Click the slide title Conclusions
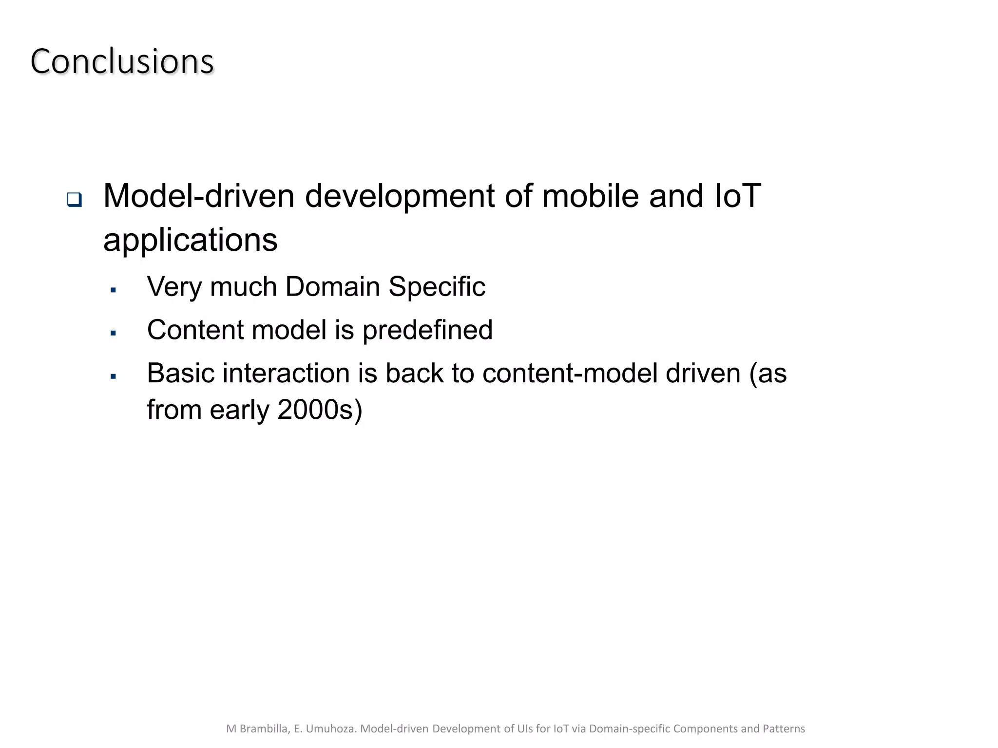tap(122, 62)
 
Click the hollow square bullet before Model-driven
tap(74, 199)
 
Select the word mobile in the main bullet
tap(590, 196)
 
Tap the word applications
tap(191, 240)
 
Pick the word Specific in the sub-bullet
tap(437, 286)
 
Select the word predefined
tap(427, 330)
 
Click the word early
tap(239, 410)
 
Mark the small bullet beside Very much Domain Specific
tap(113, 290)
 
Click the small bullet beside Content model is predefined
tap(113, 334)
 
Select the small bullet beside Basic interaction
tap(113, 376)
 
